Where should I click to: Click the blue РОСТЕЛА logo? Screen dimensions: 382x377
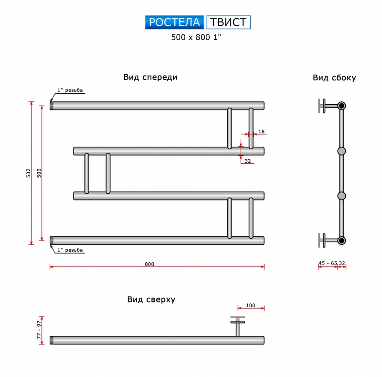click(x=174, y=22)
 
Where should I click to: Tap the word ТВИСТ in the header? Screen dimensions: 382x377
click(x=228, y=22)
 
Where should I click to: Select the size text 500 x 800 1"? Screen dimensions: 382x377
click(x=196, y=37)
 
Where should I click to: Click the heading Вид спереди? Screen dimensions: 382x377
click(x=150, y=77)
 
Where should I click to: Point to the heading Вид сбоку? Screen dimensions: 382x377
click(x=334, y=78)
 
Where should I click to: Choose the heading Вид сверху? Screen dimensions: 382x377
click(x=151, y=299)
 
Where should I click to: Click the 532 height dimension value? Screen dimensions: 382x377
click(x=29, y=173)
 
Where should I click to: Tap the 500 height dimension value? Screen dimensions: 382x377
click(x=39, y=173)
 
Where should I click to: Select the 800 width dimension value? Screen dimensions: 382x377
click(x=149, y=264)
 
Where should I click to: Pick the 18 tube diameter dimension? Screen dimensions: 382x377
click(x=261, y=132)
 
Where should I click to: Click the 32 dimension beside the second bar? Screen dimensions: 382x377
click(x=248, y=161)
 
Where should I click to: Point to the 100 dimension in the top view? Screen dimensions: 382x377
click(x=250, y=305)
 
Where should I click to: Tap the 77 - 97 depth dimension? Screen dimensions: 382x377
click(x=39, y=330)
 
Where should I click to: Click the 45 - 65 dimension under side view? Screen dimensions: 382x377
click(x=328, y=263)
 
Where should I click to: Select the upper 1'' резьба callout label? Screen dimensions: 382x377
click(x=70, y=90)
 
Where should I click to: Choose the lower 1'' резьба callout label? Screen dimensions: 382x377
click(x=70, y=250)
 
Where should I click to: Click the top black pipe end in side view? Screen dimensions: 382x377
click(x=341, y=106)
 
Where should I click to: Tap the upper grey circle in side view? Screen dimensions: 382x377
click(x=341, y=151)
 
